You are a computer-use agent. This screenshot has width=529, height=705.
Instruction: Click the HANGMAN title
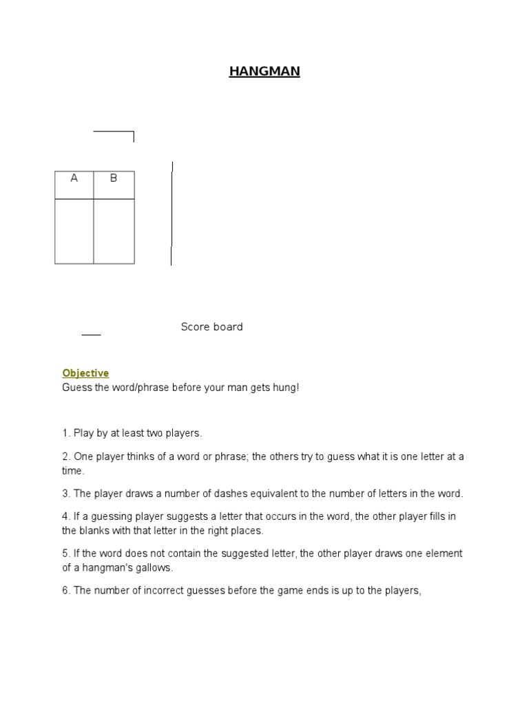[264, 71]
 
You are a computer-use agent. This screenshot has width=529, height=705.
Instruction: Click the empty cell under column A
[74, 231]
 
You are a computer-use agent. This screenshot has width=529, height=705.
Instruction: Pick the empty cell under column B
[114, 231]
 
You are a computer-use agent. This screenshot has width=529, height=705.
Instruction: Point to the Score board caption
[211, 327]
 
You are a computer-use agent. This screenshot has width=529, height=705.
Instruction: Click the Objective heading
[85, 373]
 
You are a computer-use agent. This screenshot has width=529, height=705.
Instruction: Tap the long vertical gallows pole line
[172, 213]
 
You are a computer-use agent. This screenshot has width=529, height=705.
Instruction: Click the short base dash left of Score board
[91, 335]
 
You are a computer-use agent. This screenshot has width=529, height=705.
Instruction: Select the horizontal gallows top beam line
[113, 131]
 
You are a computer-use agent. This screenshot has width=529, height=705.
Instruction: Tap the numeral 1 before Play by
[65, 433]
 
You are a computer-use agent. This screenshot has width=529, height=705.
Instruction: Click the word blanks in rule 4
[92, 531]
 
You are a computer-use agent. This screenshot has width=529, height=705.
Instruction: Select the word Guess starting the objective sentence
[76, 388]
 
